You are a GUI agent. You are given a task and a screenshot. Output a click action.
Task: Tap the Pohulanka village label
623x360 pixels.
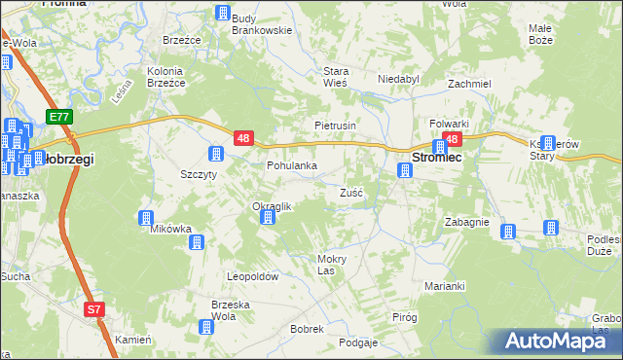click(x=292, y=165)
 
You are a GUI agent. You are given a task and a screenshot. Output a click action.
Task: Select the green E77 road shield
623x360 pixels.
click(x=59, y=117)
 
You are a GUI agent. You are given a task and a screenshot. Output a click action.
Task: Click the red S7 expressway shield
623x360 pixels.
click(x=93, y=310)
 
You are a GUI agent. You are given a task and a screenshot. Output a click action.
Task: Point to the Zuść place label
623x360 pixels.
click(x=351, y=193)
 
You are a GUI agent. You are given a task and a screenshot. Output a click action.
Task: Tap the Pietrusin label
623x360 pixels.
click(x=336, y=126)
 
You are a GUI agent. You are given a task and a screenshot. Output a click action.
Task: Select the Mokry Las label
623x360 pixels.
click(x=332, y=264)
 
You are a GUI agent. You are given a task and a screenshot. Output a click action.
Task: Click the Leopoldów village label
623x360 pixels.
click(x=253, y=277)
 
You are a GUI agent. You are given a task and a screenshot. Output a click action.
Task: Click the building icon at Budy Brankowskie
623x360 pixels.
click(x=224, y=14)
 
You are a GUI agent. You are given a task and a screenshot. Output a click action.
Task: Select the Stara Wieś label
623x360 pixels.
click(x=336, y=77)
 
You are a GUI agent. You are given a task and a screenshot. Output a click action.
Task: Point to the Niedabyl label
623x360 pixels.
click(x=397, y=80)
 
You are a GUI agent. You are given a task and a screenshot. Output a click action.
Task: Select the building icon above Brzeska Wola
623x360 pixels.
click(x=206, y=329)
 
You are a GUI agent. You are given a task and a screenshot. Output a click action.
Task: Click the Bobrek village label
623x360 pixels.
click(x=307, y=329)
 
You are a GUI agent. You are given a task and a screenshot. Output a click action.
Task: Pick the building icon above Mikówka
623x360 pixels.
click(x=147, y=218)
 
